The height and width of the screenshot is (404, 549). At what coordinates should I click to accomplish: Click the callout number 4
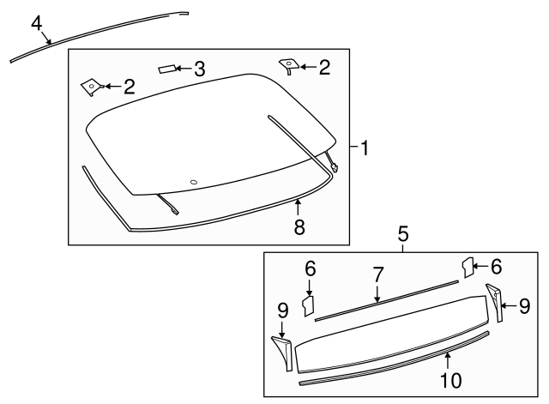(x=36, y=22)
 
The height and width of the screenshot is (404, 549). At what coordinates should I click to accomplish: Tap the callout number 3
(x=199, y=69)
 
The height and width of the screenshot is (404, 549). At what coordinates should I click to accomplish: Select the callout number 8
(x=299, y=228)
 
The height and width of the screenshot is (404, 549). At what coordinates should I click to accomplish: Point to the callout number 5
(x=402, y=232)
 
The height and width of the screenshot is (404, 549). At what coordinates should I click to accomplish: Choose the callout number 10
(x=447, y=378)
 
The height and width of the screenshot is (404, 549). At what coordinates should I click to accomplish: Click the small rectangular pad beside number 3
(x=168, y=69)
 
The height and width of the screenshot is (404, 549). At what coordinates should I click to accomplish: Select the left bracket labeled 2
(x=90, y=84)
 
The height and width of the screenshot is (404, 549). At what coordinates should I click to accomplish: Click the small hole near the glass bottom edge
(x=194, y=181)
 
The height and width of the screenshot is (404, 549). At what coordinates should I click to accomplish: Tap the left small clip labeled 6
(x=311, y=304)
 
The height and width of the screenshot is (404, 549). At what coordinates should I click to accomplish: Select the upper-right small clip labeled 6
(x=468, y=266)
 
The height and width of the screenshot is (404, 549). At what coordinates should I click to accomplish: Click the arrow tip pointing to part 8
(x=298, y=201)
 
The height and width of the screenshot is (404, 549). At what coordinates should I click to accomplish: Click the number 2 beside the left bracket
(x=130, y=86)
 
